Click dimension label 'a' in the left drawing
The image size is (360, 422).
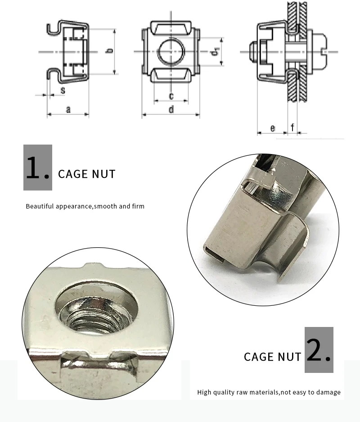68,109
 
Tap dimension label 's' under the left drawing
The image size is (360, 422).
63,91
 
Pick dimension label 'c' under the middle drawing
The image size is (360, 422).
171,96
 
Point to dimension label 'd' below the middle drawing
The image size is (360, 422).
171,109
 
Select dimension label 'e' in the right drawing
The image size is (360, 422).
273,128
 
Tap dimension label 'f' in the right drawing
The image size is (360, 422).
293,127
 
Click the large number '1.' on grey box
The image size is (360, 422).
38,168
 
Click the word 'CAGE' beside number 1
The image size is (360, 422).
73,174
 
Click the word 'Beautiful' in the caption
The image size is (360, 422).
40,206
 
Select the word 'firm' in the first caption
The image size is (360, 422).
138,206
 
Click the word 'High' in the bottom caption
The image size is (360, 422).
205,392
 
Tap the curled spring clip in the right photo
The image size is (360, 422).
288,252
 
